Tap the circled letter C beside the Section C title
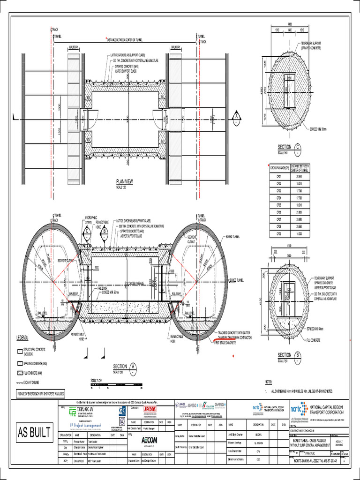tap(297, 148)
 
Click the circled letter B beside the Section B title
tap(297, 356)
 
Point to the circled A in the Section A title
tap(133, 367)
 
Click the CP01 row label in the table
tap(279, 176)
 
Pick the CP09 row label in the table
tap(279, 233)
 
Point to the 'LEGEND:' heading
tap(23, 337)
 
